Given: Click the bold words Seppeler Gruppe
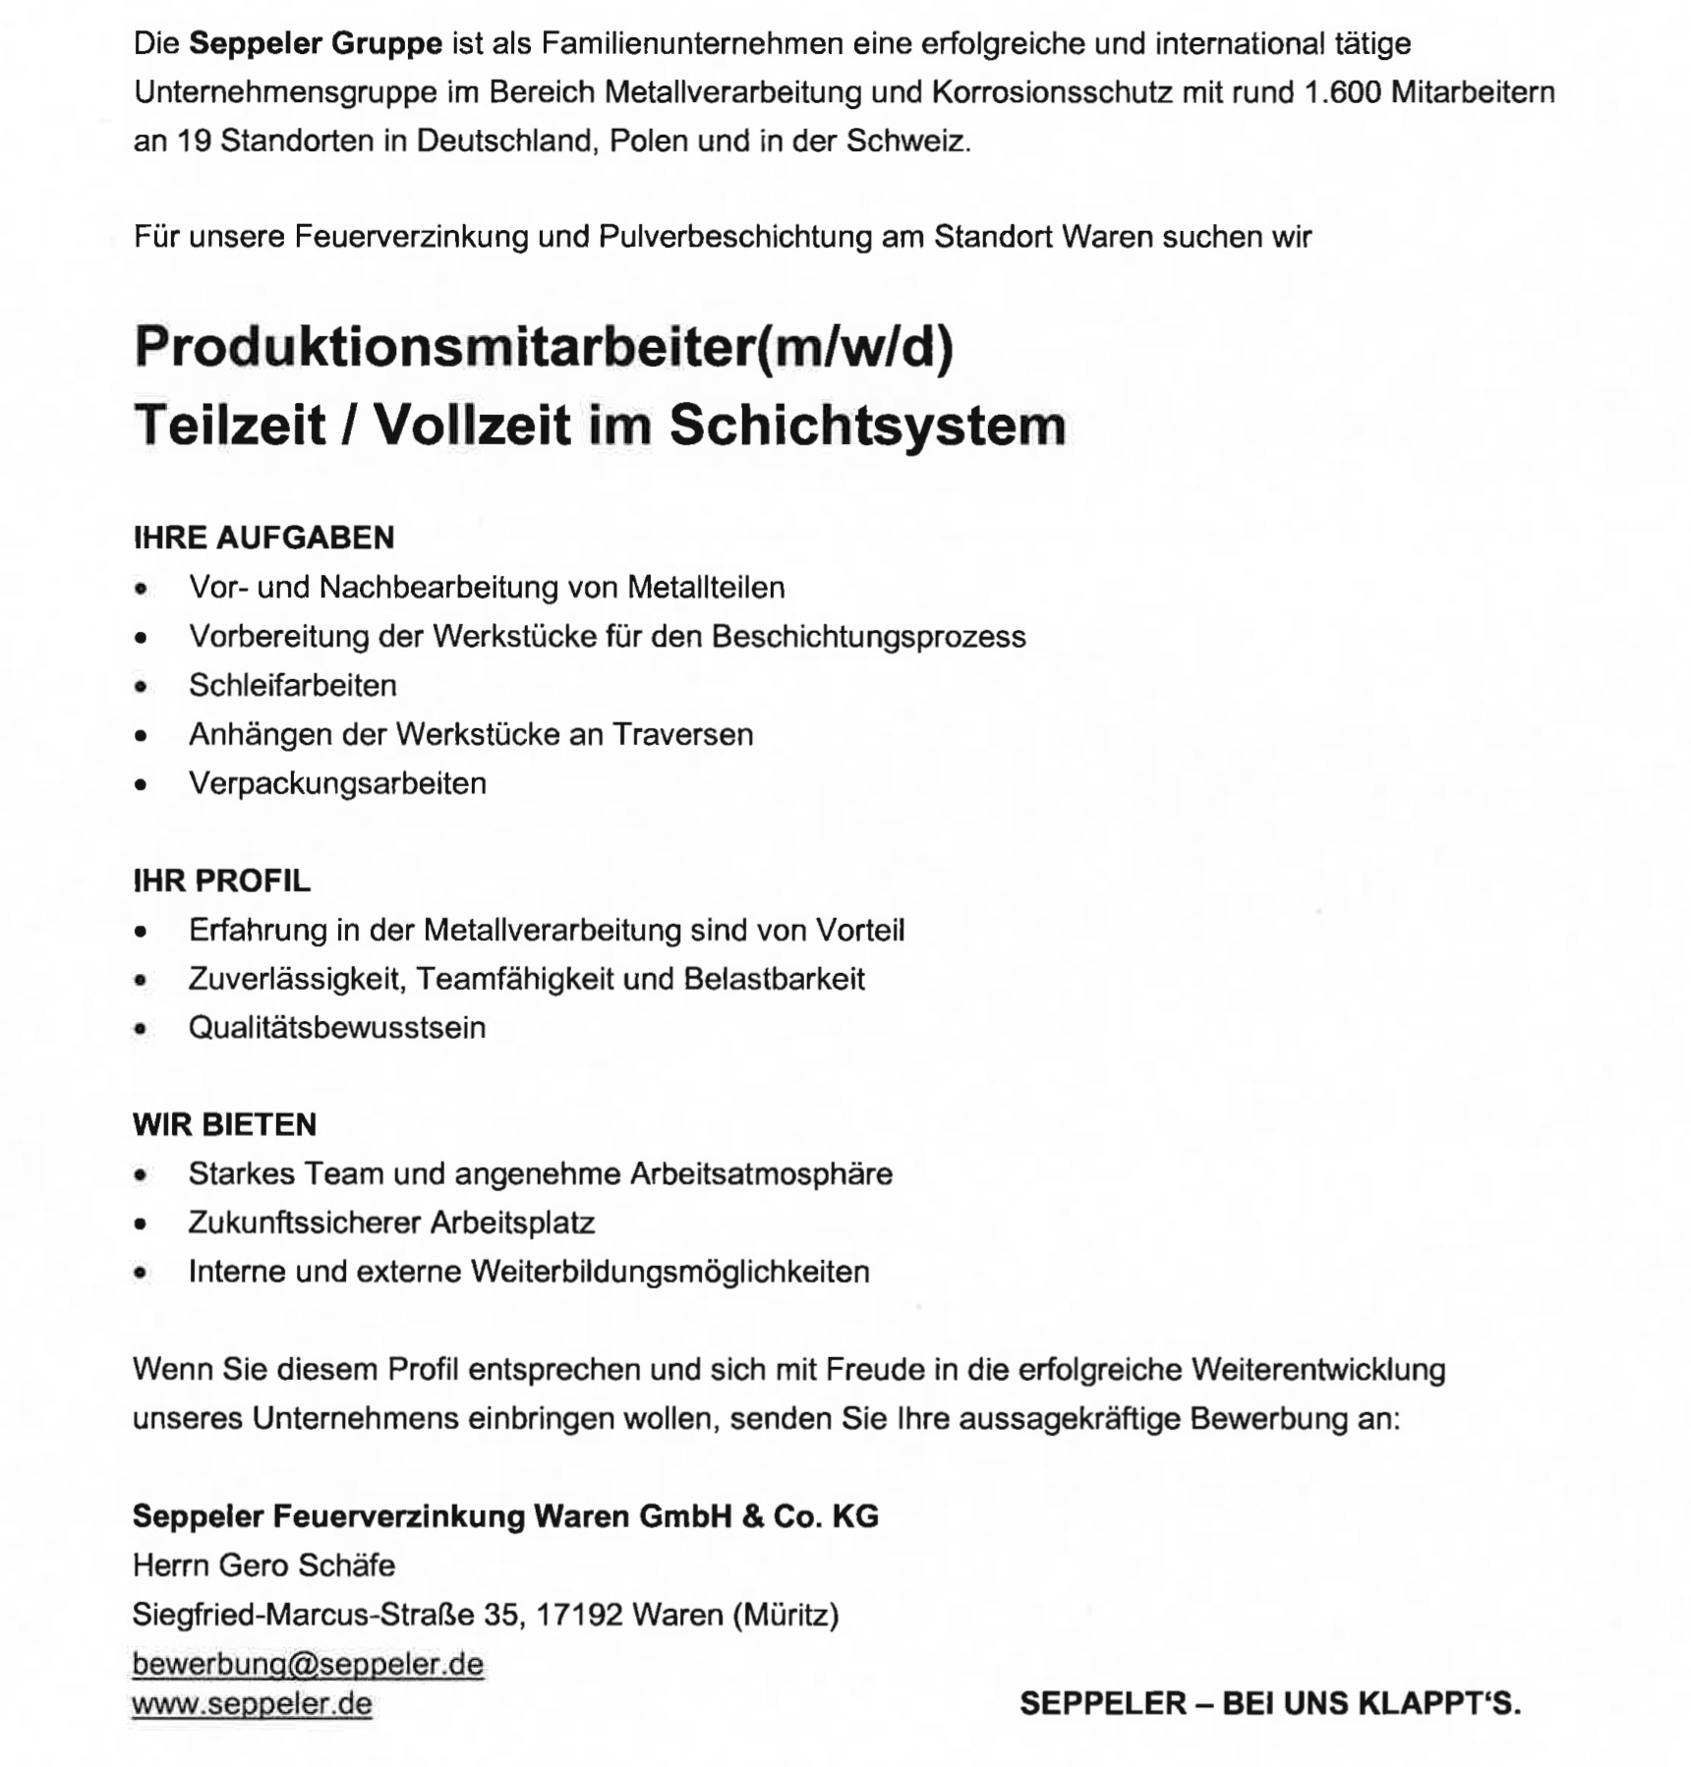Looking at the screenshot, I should pos(315,44).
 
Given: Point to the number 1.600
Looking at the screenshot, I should pos(1342,92).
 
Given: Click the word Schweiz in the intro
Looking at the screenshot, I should pos(906,142).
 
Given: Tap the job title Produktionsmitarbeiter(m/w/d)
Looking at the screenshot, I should pos(544,347).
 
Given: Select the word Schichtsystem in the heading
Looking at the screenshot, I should pos(867,426).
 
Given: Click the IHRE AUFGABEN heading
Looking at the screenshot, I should pos(263,538).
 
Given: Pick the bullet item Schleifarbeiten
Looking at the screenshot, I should pos(293,685).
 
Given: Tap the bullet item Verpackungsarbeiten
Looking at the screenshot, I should pos(337,783).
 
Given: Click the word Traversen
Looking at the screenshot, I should pos(682,734).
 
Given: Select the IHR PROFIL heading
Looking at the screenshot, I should pos(221,881).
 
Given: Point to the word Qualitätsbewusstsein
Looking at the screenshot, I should pos(337,1028).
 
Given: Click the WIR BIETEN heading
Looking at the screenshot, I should pos(224,1124).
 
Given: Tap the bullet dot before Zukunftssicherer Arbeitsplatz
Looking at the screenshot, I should pos(142,1224).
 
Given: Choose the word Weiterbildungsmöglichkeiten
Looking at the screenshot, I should pos(670,1272).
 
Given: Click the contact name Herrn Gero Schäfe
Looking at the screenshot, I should pos(263,1565).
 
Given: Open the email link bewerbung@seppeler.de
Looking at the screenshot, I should pos(308,1664).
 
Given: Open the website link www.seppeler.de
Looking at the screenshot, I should pos(252,1703).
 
